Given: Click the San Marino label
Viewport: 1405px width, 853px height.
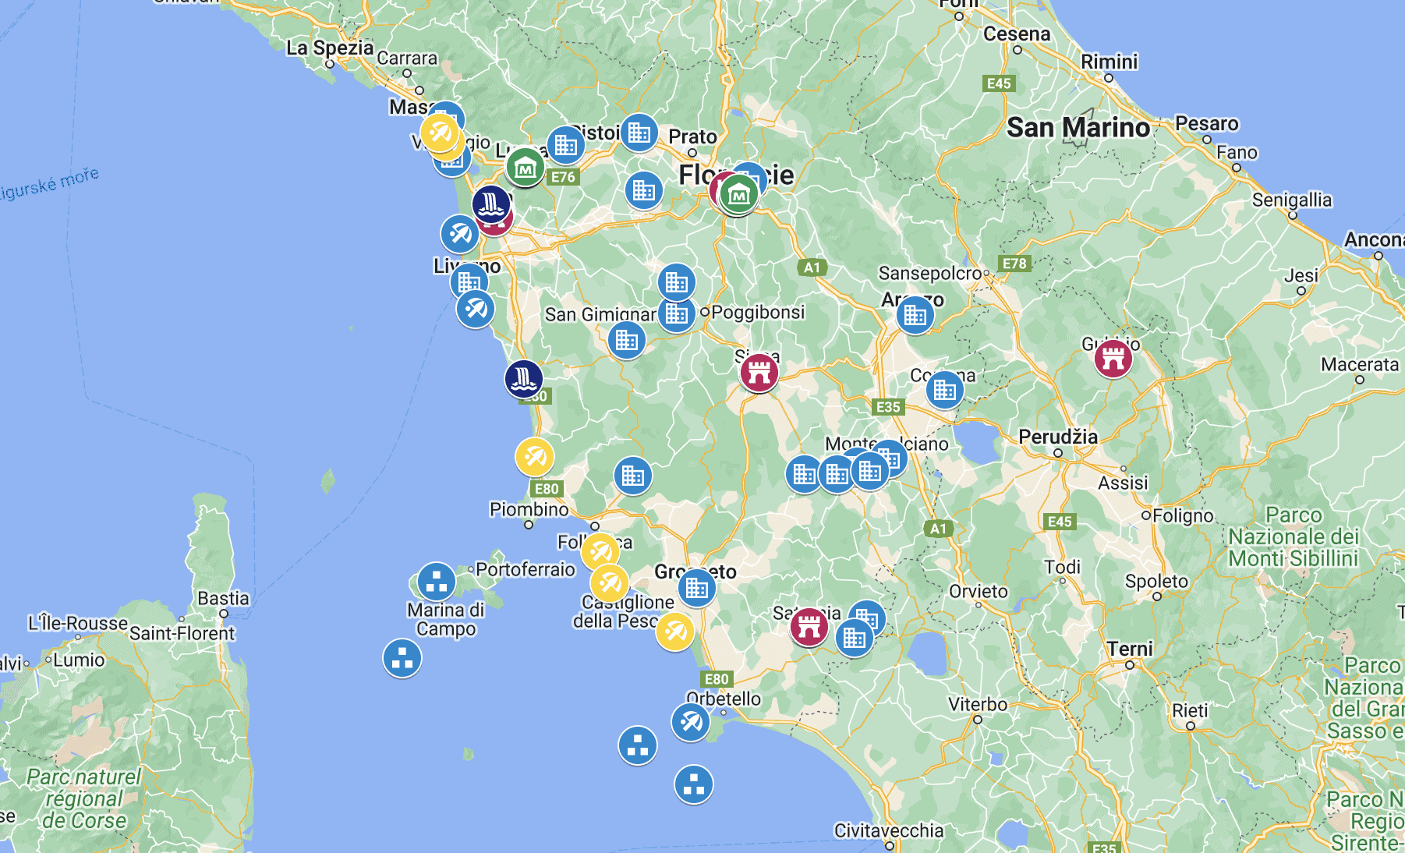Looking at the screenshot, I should [1078, 127].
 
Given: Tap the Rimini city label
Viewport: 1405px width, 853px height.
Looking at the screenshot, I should [1109, 62].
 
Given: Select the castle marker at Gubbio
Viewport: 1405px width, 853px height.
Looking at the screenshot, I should [1113, 359].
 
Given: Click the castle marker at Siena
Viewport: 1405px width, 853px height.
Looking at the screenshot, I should [759, 371].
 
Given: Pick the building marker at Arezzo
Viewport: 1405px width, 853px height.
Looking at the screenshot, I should [915, 315].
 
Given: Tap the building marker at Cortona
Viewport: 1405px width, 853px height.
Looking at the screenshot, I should [944, 389].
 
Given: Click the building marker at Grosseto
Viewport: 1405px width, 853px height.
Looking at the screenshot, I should [697, 588].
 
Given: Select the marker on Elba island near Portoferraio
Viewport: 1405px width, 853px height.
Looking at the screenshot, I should [436, 582].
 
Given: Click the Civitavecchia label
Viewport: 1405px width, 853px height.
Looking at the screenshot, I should [889, 830].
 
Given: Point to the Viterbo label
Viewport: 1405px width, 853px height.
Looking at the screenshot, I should [978, 705].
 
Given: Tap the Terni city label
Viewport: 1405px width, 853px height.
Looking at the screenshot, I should [1130, 649].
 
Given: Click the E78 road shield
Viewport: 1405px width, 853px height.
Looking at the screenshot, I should [1014, 264].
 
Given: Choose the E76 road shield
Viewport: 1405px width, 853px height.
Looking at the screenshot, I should [563, 177].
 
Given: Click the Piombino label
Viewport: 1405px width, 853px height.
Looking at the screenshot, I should [529, 509].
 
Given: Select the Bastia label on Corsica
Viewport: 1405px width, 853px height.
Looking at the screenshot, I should [223, 598].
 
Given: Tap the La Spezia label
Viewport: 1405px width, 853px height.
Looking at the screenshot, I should [330, 48].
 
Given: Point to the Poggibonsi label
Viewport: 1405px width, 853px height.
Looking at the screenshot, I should [758, 312].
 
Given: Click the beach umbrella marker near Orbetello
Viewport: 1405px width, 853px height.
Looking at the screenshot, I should [690, 723].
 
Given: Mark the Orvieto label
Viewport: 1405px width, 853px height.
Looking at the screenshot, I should [979, 591].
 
